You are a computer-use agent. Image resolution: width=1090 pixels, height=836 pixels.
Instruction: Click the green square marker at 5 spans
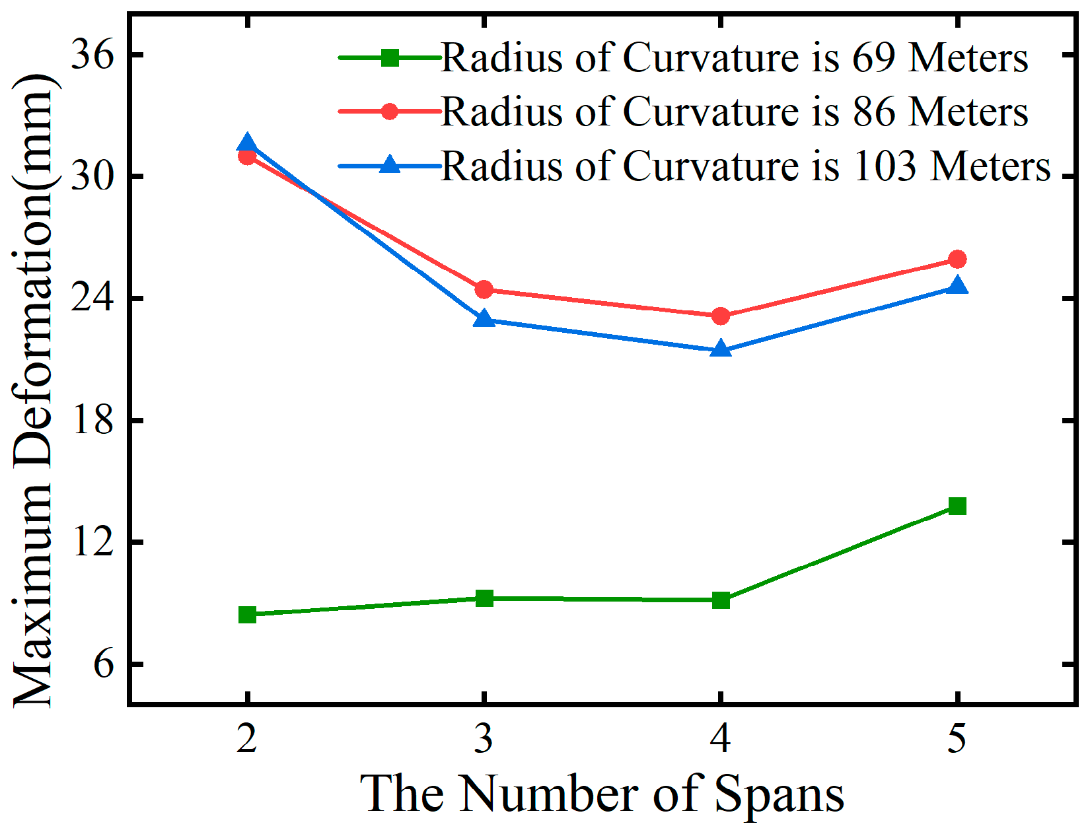click(x=957, y=506)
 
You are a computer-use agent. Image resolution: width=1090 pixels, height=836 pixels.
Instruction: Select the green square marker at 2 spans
click(x=247, y=615)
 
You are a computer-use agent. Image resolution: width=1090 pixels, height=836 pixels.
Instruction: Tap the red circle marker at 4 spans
click(x=721, y=316)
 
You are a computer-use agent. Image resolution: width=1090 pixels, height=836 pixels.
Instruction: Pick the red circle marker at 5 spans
click(x=957, y=259)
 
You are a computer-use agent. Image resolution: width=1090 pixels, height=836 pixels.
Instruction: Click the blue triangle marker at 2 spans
click(x=247, y=143)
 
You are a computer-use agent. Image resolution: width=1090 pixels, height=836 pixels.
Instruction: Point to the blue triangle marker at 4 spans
click(x=721, y=349)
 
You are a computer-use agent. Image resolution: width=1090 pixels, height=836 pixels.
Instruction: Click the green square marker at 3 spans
click(x=484, y=598)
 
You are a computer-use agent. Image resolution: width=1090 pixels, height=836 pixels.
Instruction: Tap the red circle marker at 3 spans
click(x=484, y=289)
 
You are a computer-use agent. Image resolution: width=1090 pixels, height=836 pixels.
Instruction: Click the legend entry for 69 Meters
click(x=733, y=58)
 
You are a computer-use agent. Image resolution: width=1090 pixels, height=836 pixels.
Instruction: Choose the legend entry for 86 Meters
click(x=733, y=112)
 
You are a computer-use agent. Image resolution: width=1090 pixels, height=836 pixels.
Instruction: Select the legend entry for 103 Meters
click(x=745, y=166)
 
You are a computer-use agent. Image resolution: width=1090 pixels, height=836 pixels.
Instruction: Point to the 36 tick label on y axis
click(x=92, y=55)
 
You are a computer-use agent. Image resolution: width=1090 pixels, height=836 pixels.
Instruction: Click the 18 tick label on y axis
click(x=92, y=421)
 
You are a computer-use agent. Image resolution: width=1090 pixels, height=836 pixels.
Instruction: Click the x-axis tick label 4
click(x=721, y=738)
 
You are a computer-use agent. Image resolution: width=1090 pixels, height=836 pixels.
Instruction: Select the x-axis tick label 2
click(x=247, y=738)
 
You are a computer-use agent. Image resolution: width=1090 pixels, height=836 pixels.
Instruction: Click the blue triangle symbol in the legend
click(x=390, y=164)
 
